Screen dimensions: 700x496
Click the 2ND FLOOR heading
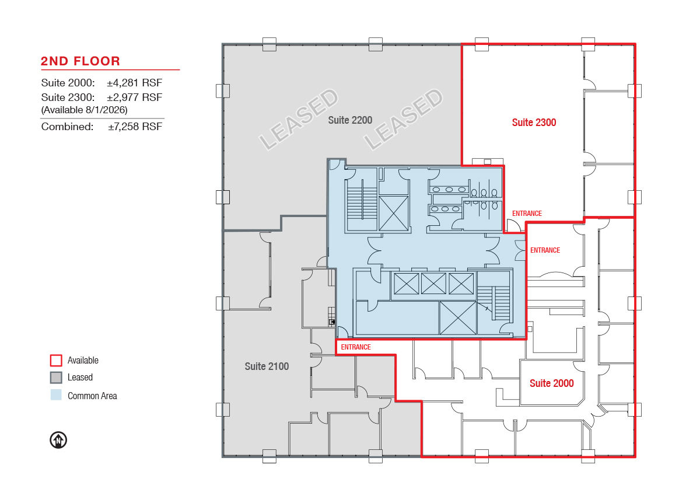(80, 61)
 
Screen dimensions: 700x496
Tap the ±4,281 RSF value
(134, 83)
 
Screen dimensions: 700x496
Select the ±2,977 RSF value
(134, 97)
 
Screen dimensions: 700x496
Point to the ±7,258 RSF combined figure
(135, 127)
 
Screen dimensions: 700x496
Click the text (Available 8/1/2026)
(85, 110)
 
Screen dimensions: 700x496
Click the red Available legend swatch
(56, 361)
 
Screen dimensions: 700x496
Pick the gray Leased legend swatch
(56, 378)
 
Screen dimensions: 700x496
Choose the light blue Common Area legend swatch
(56, 394)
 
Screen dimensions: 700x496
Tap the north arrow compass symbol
(58, 440)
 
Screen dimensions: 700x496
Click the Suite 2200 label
(350, 120)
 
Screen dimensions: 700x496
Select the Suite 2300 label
(534, 123)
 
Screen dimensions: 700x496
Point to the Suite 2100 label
(267, 366)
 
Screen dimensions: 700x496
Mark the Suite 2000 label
(552, 383)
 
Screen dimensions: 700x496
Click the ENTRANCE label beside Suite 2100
(356, 347)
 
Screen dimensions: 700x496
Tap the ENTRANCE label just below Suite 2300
(527, 214)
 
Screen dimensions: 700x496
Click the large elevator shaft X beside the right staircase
(458, 317)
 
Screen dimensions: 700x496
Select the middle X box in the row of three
(433, 284)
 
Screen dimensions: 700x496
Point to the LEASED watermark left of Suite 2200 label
(299, 119)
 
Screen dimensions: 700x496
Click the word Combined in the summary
(67, 127)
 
